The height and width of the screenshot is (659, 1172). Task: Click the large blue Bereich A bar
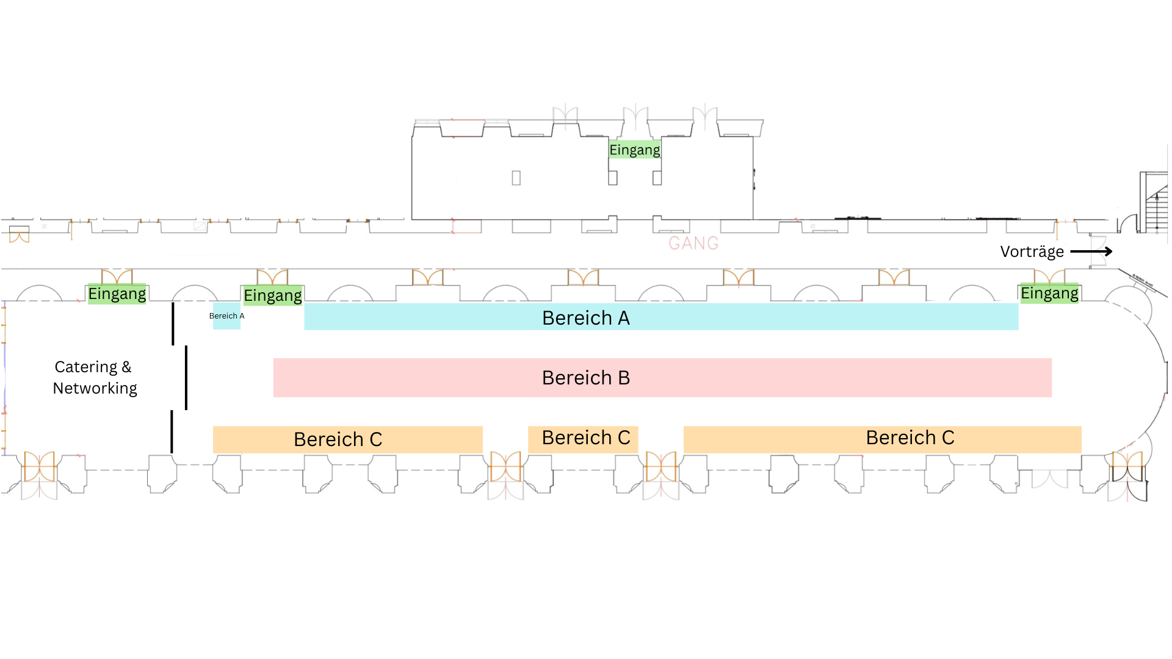(661, 317)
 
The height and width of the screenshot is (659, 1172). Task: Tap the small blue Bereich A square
(226, 316)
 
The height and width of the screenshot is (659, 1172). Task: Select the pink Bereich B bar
(662, 378)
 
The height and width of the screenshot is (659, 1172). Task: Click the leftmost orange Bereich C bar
(347, 439)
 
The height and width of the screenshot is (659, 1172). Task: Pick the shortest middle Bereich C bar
(583, 438)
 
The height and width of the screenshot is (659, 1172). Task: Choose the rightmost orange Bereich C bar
(882, 438)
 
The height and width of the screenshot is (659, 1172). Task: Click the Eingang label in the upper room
(635, 150)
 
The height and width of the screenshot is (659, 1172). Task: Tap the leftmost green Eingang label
(117, 294)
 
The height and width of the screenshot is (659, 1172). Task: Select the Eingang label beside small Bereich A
(273, 296)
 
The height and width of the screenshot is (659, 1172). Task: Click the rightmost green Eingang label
(1049, 293)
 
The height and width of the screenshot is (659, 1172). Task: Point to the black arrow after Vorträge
(1091, 251)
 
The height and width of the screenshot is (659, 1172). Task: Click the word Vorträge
(1032, 252)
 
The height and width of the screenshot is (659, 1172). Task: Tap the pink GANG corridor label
(693, 243)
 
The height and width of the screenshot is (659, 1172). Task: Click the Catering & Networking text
(95, 378)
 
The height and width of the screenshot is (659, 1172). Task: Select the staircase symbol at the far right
(1154, 203)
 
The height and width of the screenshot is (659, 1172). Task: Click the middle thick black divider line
(186, 378)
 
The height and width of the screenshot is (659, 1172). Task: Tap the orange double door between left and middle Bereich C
(505, 467)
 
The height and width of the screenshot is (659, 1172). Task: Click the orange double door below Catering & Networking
(40, 467)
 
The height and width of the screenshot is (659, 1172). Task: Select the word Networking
(95, 389)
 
